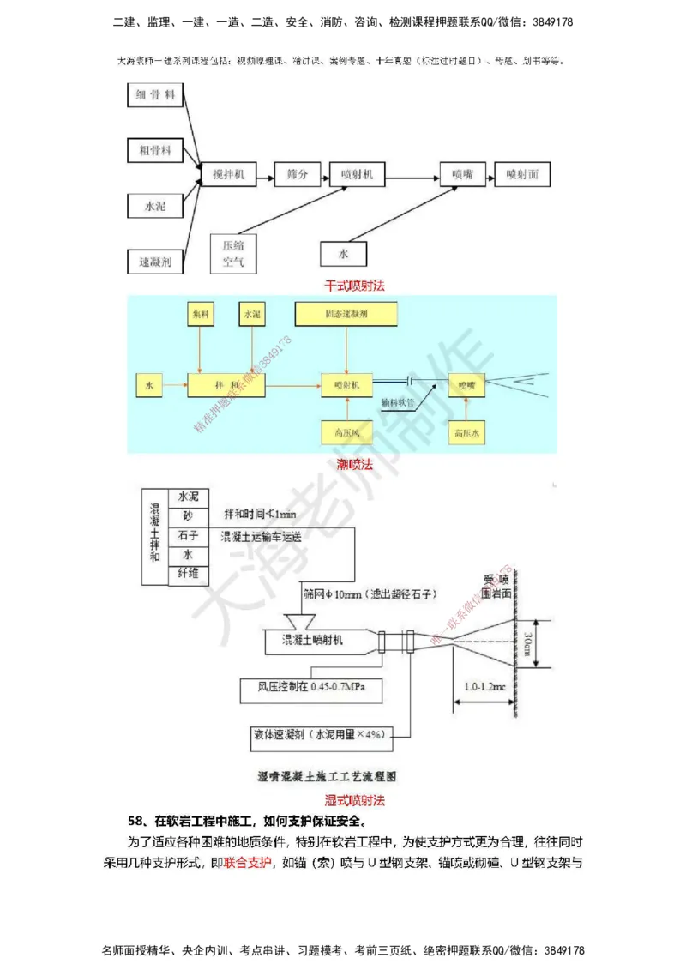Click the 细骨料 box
click(155, 96)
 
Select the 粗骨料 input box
click(155, 150)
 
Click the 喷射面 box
click(522, 175)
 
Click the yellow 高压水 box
click(468, 434)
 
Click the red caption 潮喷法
click(354, 465)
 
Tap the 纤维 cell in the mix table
click(188, 574)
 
